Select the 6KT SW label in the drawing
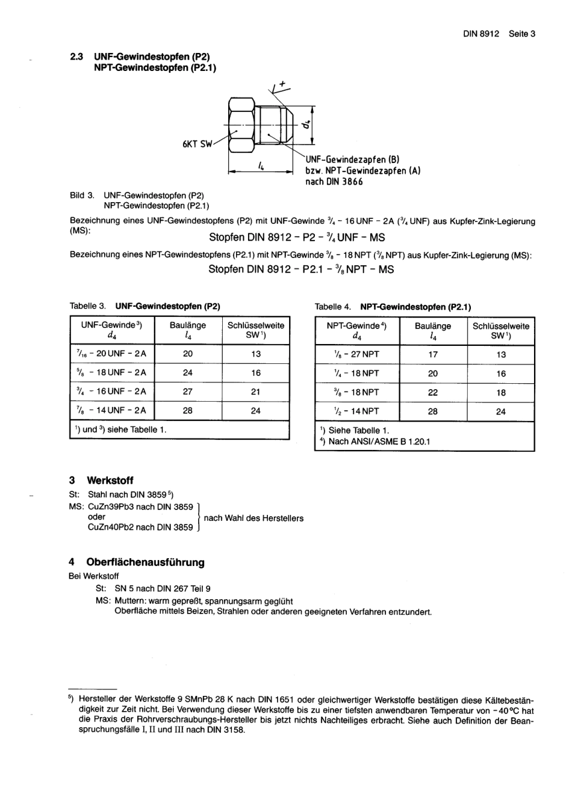(x=197, y=144)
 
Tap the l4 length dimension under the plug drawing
(x=261, y=165)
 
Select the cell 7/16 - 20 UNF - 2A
(x=111, y=354)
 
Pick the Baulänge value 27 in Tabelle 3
(x=188, y=392)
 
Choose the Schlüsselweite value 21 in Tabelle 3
(x=256, y=392)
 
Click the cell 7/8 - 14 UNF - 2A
(x=111, y=411)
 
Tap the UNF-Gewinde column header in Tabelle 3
(x=111, y=330)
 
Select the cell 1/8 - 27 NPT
(x=356, y=354)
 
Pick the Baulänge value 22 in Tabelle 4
(x=433, y=392)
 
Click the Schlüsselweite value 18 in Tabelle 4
(x=501, y=392)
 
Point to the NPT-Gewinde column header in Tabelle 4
(x=356, y=331)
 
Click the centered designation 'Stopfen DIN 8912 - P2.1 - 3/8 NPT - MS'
(x=301, y=269)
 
